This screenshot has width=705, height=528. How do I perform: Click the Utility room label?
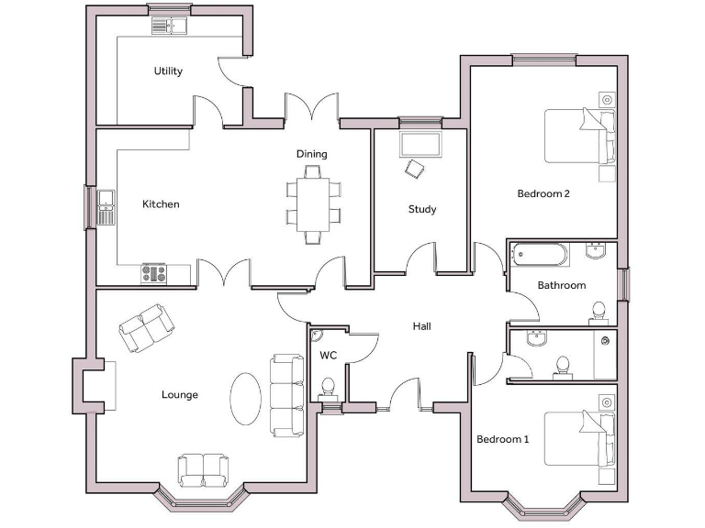click(168, 71)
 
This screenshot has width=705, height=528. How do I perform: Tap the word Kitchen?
click(161, 204)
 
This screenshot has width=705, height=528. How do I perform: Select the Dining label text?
click(311, 154)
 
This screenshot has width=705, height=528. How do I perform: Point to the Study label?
click(422, 210)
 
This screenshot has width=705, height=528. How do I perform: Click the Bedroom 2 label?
click(543, 193)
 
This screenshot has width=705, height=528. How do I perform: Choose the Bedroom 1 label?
click(502, 440)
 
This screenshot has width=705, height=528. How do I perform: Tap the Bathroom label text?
click(561, 286)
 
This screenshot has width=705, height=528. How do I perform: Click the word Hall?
click(421, 326)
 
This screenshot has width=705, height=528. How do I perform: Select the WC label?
click(329, 355)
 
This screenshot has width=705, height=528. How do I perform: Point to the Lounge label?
click(180, 395)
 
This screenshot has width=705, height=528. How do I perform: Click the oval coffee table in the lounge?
click(245, 398)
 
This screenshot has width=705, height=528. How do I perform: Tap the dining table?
click(312, 203)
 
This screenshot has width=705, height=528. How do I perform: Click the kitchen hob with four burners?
click(152, 273)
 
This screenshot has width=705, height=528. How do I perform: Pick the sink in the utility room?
click(170, 26)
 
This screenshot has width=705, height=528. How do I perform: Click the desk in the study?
click(421, 144)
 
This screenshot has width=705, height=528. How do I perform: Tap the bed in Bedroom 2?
click(579, 136)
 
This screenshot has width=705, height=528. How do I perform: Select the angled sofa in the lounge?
click(146, 328)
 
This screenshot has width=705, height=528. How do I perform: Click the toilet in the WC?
click(329, 389)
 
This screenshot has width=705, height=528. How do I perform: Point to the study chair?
click(417, 169)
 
